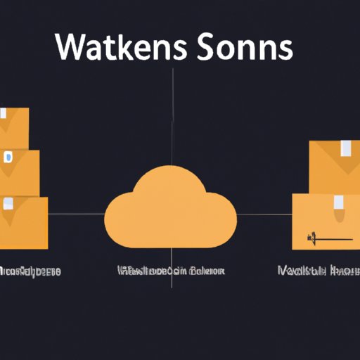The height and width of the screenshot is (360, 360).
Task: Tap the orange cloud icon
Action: click(169, 208)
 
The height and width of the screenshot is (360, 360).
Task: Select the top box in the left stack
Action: click(14, 127)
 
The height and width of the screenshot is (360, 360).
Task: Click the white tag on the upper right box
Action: click(347, 148)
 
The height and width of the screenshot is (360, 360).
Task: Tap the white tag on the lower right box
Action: click(338, 204)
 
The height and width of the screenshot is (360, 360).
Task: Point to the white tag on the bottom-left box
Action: click(8, 204)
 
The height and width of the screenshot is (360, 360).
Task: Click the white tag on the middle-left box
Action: click(8, 156)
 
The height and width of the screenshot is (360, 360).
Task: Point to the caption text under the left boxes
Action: click(30, 270)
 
